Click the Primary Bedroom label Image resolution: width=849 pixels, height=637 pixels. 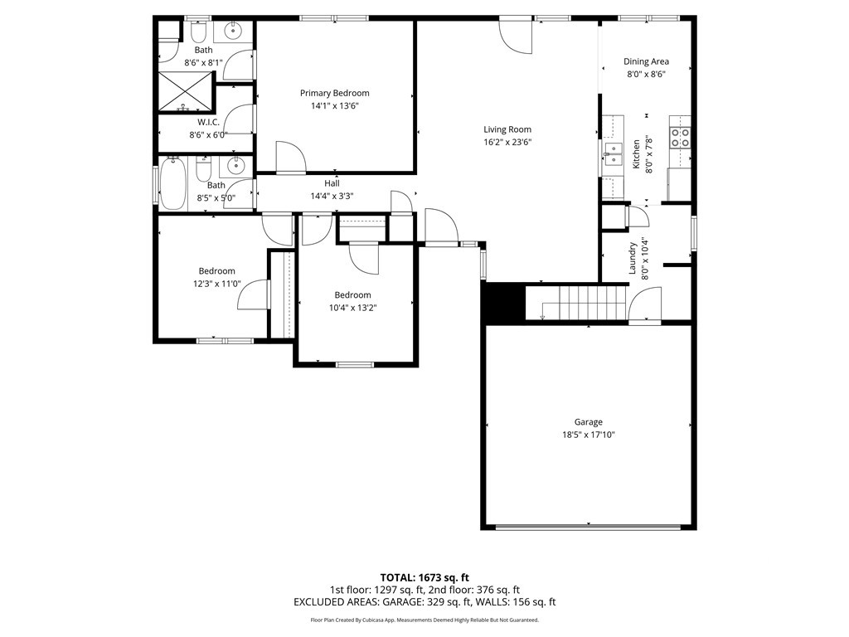[x=335, y=93]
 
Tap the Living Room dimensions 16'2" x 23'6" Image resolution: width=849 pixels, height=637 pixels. [x=507, y=143]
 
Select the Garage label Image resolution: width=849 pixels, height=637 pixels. [x=588, y=422]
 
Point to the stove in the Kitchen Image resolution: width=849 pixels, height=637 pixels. [x=680, y=137]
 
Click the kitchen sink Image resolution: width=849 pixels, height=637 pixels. [x=613, y=153]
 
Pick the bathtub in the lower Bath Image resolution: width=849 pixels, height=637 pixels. [x=172, y=183]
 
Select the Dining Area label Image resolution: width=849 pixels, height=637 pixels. [x=646, y=61]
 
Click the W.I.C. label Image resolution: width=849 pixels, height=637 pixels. [x=208, y=123]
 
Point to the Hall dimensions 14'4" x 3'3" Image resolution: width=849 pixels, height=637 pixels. [x=332, y=196]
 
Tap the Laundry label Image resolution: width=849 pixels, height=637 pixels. [x=632, y=258]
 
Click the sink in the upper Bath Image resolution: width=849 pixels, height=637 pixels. [x=233, y=31]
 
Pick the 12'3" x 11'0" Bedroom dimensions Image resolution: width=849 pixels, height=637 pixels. [x=216, y=284]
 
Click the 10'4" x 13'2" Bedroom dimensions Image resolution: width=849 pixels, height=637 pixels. [x=352, y=308]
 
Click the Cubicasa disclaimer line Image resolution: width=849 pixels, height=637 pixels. [x=424, y=620]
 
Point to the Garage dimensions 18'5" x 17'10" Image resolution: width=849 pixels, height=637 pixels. [x=589, y=435]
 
